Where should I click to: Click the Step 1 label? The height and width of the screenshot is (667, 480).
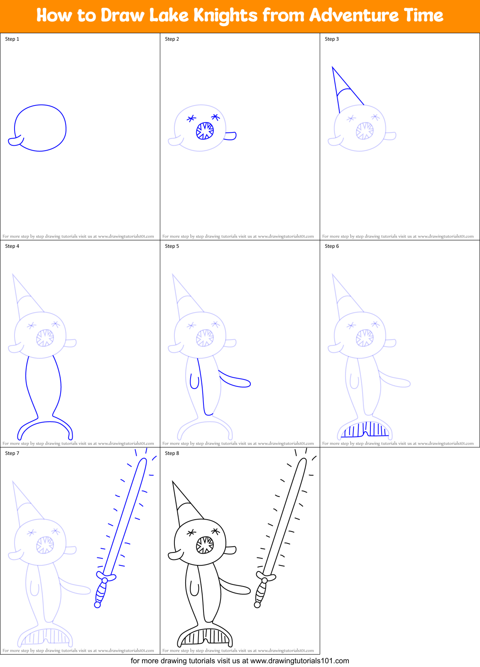(x=12, y=39)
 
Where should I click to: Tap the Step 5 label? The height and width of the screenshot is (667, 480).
(x=172, y=246)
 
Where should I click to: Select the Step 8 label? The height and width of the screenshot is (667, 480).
(x=172, y=453)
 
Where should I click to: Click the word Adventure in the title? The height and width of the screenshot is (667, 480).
(x=353, y=16)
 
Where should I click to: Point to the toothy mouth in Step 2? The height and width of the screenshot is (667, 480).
(x=205, y=131)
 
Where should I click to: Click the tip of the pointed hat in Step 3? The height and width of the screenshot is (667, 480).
(x=333, y=68)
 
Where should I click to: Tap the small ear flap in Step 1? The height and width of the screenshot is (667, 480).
(x=15, y=141)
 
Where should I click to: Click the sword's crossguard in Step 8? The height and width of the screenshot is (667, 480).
(x=265, y=577)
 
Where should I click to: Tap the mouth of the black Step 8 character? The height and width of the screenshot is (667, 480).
(x=205, y=545)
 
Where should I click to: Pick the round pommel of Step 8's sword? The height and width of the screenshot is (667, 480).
(x=257, y=605)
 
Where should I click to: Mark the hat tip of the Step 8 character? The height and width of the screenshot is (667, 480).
(x=173, y=482)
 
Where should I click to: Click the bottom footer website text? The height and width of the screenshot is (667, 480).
(x=240, y=660)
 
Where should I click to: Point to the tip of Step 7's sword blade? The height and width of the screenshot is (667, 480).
(x=144, y=460)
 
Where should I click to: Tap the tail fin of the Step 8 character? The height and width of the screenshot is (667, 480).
(x=205, y=636)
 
